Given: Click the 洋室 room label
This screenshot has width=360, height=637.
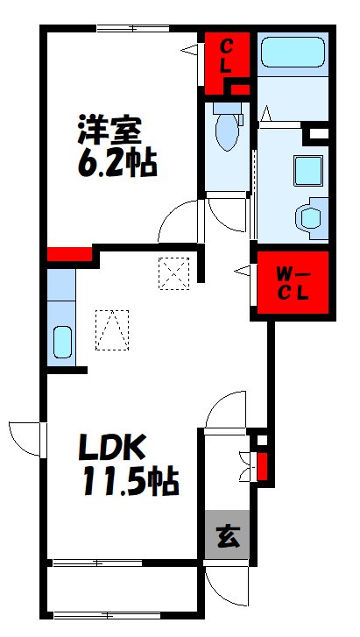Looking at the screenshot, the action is pos(109,130).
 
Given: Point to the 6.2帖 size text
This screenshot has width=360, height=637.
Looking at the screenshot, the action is pos(117,164).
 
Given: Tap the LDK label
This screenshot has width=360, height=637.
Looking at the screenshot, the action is pos(111,449).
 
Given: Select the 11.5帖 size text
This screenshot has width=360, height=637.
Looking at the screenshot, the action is pos(131,482).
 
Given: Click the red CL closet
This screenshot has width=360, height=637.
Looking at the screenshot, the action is pos(226,63).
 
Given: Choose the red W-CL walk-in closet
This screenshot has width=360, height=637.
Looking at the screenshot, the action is pos(293,282).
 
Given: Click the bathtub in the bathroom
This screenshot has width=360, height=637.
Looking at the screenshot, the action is pos(293,52).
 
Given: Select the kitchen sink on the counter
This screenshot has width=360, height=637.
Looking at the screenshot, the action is pos(62,342).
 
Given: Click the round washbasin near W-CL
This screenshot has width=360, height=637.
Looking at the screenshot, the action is pos(311,218).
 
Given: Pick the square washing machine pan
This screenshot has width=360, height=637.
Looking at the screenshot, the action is pos(308,171).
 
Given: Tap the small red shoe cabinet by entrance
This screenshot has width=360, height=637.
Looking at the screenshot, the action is pos(262,466).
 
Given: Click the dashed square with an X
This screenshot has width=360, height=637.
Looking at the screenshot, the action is pos(174,273).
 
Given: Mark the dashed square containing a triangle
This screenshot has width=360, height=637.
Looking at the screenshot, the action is pos(112,329).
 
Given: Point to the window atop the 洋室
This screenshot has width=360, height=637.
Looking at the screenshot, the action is pos(133,28).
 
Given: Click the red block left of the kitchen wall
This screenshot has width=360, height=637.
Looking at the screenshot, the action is pos(69,254).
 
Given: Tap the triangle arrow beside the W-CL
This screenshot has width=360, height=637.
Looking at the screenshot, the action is pos(243,270).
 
